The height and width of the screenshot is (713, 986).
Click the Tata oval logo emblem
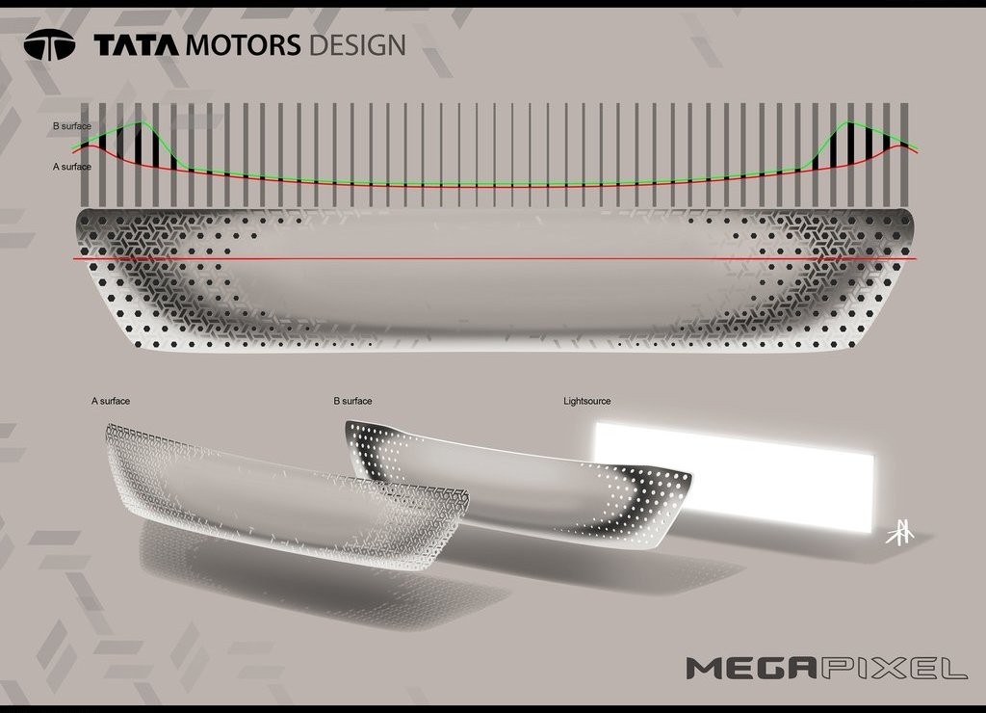[x=49, y=44]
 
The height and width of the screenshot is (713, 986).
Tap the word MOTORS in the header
[x=244, y=45]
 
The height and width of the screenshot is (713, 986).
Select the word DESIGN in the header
[x=356, y=45]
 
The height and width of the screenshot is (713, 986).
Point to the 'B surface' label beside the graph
[x=71, y=126]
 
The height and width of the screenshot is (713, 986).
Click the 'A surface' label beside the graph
[x=71, y=167]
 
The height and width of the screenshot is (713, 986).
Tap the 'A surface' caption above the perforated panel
[x=111, y=401]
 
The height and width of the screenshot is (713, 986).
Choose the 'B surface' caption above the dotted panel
[x=352, y=401]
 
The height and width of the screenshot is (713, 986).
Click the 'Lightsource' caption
[x=586, y=401]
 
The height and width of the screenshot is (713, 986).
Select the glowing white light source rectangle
[x=734, y=477]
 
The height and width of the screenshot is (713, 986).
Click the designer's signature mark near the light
[x=900, y=533]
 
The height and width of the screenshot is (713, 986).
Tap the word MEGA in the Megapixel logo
[x=751, y=668]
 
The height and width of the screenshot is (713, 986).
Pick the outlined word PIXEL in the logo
[x=893, y=668]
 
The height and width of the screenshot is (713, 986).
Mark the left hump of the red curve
[x=91, y=147]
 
